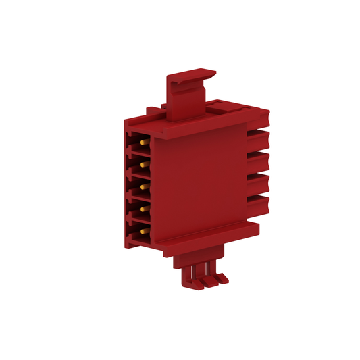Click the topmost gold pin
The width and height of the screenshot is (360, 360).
144,143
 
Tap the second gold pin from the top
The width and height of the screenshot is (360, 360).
144,163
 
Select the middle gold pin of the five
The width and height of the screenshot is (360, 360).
144,183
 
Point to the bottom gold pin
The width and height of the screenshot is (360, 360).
144,232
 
